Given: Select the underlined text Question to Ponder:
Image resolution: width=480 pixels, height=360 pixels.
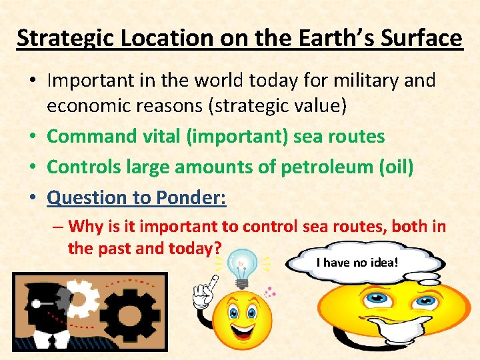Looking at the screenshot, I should tap(137, 197).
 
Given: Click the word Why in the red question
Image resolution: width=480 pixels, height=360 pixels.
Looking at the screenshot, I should tap(85, 226).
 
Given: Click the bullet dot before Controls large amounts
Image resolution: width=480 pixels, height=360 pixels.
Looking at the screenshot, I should tap(32, 167).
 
